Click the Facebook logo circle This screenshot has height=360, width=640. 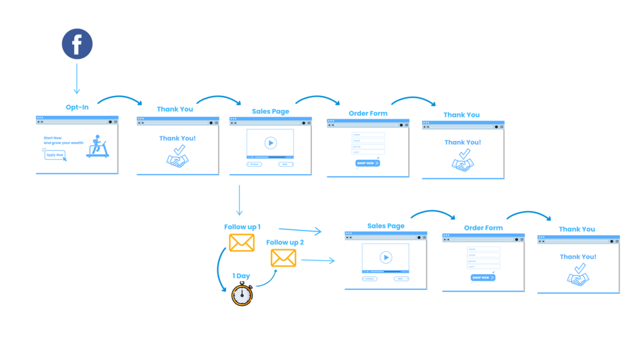click(x=77, y=44)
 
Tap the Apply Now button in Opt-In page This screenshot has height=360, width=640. click(x=55, y=155)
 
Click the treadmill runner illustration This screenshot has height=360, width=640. click(x=97, y=147)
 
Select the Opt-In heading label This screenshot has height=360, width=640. click(x=77, y=107)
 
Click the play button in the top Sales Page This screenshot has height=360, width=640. click(x=270, y=143)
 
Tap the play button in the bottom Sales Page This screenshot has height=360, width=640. click(x=385, y=257)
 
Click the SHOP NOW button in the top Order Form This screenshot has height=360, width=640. click(x=367, y=163)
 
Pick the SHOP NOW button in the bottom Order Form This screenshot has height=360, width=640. click(x=483, y=278)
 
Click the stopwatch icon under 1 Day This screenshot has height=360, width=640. click(x=242, y=294)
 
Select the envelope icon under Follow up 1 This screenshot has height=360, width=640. click(x=241, y=243)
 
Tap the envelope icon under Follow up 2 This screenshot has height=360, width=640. click(x=283, y=258)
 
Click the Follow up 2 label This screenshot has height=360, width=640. click(x=285, y=243)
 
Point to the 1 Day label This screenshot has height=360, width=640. click(x=241, y=276)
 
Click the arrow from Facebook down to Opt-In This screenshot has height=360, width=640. click(x=77, y=79)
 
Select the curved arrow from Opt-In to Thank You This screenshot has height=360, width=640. click(x=120, y=99)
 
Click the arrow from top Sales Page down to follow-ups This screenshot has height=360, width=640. click(x=239, y=200)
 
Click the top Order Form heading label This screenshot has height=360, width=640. click(x=368, y=113)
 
